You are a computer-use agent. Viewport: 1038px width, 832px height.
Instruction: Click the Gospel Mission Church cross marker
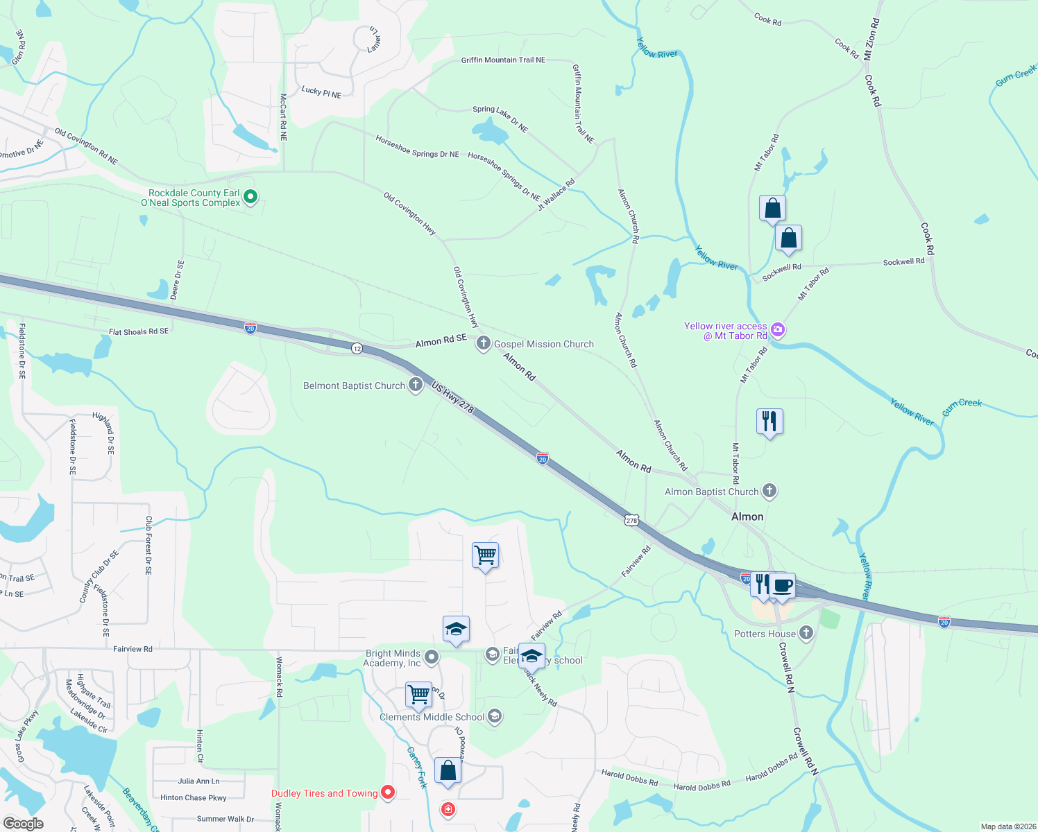[x=483, y=343]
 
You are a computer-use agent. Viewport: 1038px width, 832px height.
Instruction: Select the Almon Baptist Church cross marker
[x=769, y=491]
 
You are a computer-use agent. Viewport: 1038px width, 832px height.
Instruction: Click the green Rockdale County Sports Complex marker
[x=251, y=198]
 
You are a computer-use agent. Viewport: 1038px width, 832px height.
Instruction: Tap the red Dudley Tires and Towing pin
[x=388, y=792]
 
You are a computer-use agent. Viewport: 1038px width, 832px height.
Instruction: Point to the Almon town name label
[x=747, y=517]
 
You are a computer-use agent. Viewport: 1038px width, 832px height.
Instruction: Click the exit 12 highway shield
[x=357, y=348]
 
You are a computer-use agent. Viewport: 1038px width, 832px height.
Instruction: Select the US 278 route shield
[x=631, y=520]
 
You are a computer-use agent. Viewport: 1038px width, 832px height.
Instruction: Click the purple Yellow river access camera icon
[x=778, y=330]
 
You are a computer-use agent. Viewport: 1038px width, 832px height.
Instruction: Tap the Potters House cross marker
[x=806, y=632]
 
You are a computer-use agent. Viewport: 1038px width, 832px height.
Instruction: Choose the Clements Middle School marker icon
[x=495, y=716]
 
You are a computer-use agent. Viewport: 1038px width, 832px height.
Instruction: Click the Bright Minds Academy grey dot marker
[x=432, y=657]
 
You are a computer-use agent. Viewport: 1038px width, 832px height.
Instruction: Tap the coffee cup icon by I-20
[x=783, y=585]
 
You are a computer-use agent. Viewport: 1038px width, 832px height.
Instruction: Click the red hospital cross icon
[x=448, y=809]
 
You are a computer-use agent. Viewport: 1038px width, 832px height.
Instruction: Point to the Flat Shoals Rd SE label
[x=138, y=332]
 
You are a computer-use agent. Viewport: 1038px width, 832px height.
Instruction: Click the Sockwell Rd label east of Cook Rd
[x=903, y=262]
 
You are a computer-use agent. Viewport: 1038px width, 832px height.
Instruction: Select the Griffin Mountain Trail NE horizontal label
[x=503, y=60]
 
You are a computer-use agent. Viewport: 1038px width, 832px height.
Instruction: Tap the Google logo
[x=24, y=823]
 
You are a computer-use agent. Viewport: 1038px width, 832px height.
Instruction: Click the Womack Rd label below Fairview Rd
[x=280, y=677]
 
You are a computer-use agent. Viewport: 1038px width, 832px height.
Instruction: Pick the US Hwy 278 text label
[x=452, y=397]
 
